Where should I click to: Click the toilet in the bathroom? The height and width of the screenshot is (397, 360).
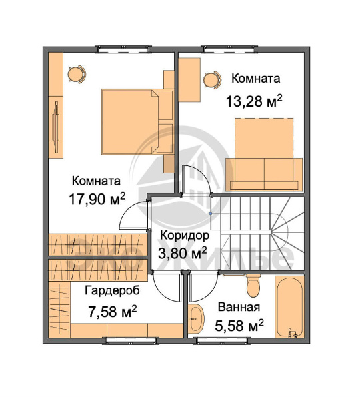pyautogui.click(x=253, y=286)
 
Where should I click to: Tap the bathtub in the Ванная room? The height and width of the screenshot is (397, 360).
pyautogui.click(x=289, y=307)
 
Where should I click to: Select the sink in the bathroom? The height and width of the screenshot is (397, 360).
pyautogui.click(x=196, y=318)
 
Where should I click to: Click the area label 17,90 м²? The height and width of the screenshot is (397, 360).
pyautogui.click(x=97, y=200)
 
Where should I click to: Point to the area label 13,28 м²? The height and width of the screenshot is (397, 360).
pyautogui.click(x=254, y=101)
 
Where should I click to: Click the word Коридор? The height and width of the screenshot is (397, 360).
pyautogui.click(x=185, y=236)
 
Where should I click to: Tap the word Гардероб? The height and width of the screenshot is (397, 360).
pyautogui.click(x=112, y=290)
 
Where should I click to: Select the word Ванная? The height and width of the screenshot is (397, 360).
pyautogui.click(x=239, y=307)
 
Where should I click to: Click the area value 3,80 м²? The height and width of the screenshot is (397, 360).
pyautogui.click(x=183, y=253)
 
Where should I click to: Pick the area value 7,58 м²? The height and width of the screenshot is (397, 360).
pyautogui.click(x=112, y=311)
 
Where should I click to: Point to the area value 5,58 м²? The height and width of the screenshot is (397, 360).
pyautogui.click(x=239, y=326)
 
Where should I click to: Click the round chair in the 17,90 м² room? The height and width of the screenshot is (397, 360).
pyautogui.click(x=77, y=75)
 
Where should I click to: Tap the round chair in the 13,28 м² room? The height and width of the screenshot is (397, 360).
pyautogui.click(x=213, y=79)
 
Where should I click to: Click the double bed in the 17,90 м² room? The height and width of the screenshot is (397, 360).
pyautogui.click(x=137, y=121)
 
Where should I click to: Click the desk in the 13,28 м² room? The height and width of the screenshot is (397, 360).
pyautogui.click(x=189, y=80)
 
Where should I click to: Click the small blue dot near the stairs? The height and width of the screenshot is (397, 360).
pyautogui.click(x=211, y=214)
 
